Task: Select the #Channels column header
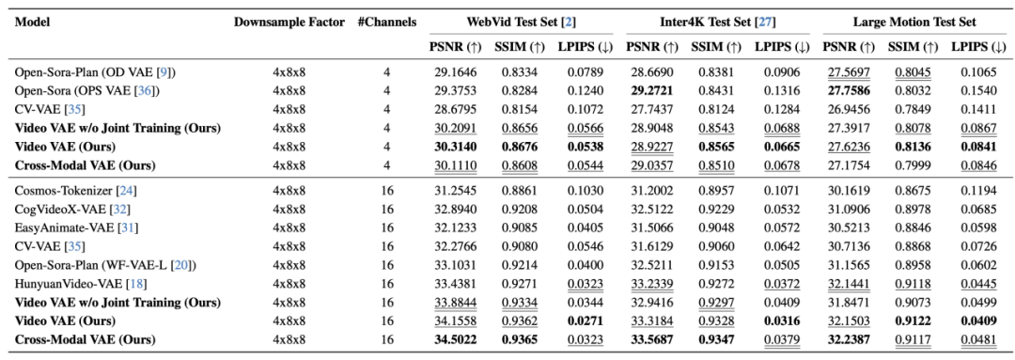[x=386, y=22]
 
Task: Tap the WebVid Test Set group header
[x=520, y=22]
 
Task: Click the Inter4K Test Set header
[x=716, y=22]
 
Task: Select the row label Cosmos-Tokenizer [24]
[x=75, y=191]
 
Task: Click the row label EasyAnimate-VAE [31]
[x=76, y=227]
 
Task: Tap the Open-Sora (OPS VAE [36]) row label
[x=86, y=90]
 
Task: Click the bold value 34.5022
[x=456, y=339]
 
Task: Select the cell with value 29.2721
[x=652, y=90]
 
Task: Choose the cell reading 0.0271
[x=586, y=321]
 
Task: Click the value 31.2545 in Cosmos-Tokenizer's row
[x=456, y=191]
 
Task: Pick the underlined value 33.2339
[x=652, y=284]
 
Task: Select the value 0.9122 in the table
[x=913, y=321]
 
